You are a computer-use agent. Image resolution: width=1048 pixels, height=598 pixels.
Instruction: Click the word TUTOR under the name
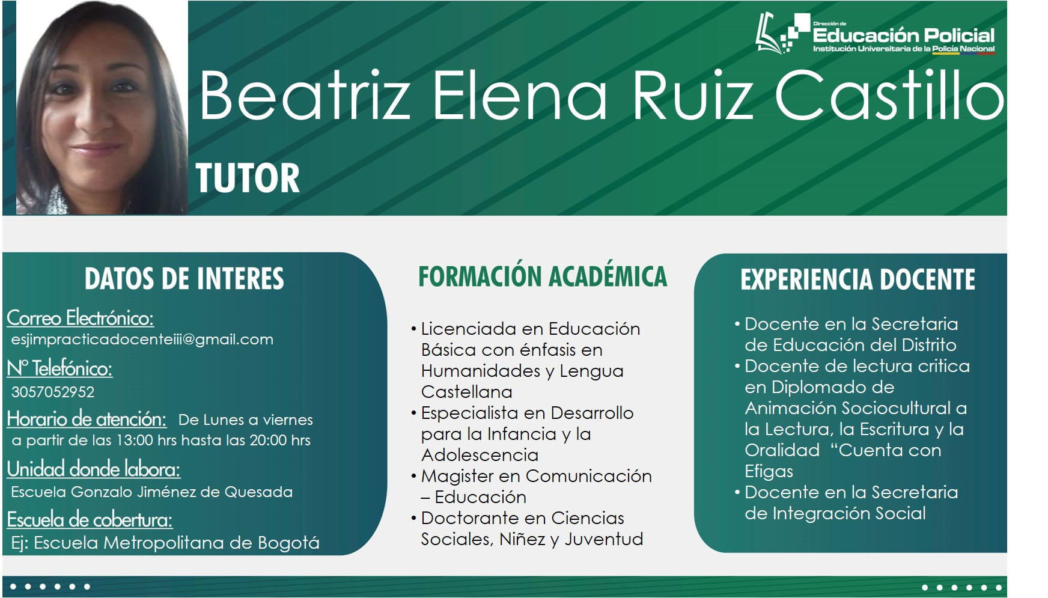click(248, 178)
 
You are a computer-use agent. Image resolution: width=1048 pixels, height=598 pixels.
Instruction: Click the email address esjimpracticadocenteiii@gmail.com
click(142, 340)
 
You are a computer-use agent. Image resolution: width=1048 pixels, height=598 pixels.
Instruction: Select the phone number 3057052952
click(53, 392)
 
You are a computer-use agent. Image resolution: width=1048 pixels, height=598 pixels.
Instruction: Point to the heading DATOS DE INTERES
click(184, 279)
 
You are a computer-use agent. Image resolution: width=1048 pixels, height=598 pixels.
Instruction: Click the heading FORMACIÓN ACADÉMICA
click(543, 276)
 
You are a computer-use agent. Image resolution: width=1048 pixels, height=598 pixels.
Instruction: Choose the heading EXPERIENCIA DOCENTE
click(858, 279)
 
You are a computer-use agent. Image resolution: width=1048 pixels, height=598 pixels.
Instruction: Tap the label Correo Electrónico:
click(81, 317)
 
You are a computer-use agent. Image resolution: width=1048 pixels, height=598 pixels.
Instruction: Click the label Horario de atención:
click(87, 418)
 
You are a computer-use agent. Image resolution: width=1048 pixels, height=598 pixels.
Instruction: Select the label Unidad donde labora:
click(94, 469)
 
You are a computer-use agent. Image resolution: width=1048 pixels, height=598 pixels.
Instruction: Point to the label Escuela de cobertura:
click(90, 519)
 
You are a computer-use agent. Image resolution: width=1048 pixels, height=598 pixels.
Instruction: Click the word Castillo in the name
click(889, 95)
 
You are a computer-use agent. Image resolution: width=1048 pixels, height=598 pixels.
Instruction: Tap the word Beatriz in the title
click(305, 95)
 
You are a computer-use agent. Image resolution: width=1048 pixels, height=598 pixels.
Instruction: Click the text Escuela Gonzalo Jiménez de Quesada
click(152, 492)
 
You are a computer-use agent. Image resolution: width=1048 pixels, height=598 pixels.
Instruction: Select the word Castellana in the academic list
click(467, 392)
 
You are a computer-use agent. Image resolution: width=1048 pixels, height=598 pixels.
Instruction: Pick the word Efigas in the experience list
click(769, 472)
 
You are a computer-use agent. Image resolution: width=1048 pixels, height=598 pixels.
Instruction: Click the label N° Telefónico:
click(59, 368)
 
